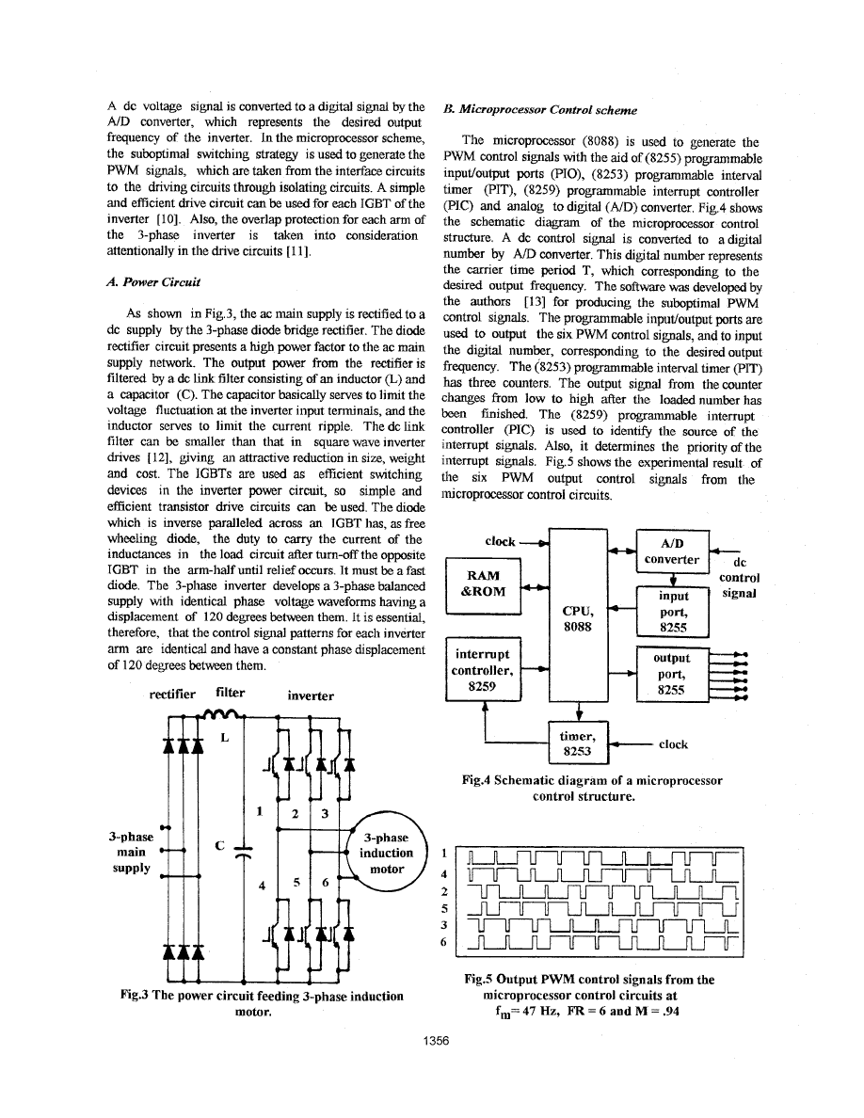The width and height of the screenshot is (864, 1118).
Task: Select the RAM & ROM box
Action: pyautogui.click(x=482, y=583)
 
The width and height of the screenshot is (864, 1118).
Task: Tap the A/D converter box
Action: pyautogui.click(x=672, y=551)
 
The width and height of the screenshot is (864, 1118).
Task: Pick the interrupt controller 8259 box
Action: pyautogui.click(x=482, y=670)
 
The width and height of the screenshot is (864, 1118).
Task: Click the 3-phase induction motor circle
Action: pyautogui.click(x=386, y=854)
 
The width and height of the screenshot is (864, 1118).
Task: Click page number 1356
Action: pyautogui.click(x=432, y=1042)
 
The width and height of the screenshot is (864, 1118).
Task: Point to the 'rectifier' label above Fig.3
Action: pyautogui.click(x=173, y=695)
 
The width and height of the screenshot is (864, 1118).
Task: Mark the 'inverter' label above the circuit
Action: pyautogui.click(x=311, y=696)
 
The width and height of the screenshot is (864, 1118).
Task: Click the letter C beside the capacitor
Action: pyautogui.click(x=218, y=845)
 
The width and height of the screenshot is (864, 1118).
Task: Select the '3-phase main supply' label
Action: pyautogui.click(x=129, y=853)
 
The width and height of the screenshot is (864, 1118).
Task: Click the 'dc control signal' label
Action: pyautogui.click(x=739, y=577)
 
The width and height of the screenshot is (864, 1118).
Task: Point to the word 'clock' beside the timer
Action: pyautogui.click(x=673, y=743)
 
